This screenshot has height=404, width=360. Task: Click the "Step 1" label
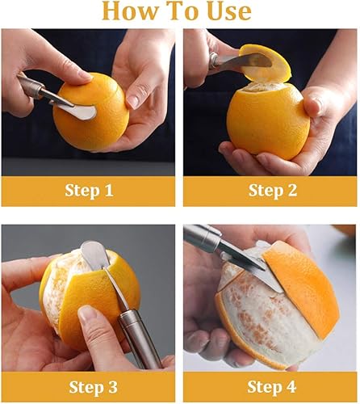(89, 191)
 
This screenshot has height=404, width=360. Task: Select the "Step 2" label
(271, 191)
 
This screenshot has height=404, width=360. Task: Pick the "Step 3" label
(89, 385)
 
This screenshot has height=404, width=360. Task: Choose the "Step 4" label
(271, 385)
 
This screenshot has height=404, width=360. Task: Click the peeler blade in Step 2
(246, 61)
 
